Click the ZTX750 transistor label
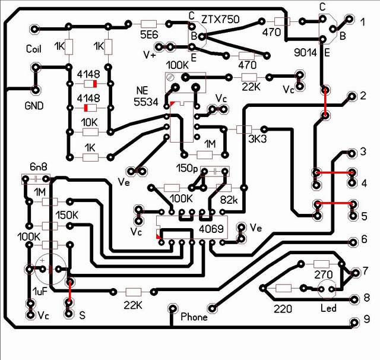pyautogui.click(x=220, y=19)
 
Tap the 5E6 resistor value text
pyautogui.click(x=149, y=35)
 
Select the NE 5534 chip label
pyautogui.click(x=145, y=96)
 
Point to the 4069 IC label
pyautogui.click(x=211, y=229)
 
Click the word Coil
pyautogui.click(x=34, y=49)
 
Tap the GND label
pyautogui.click(x=34, y=106)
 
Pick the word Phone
pyautogui.click(x=194, y=317)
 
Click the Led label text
pyautogui.click(x=328, y=308)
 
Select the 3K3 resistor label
pyautogui.click(x=257, y=139)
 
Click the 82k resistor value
pyautogui.click(x=229, y=200)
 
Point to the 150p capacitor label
pyautogui.click(x=187, y=168)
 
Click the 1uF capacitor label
pyautogui.click(x=40, y=292)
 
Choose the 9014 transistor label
pyautogui.click(x=305, y=52)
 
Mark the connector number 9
pyautogui.click(x=366, y=319)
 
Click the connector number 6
pyautogui.click(x=365, y=239)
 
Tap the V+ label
pyautogui.click(x=150, y=55)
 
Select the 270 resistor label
pyautogui.click(x=323, y=274)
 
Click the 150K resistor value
pyautogui.click(x=67, y=215)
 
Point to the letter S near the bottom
pyautogui.click(x=83, y=315)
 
